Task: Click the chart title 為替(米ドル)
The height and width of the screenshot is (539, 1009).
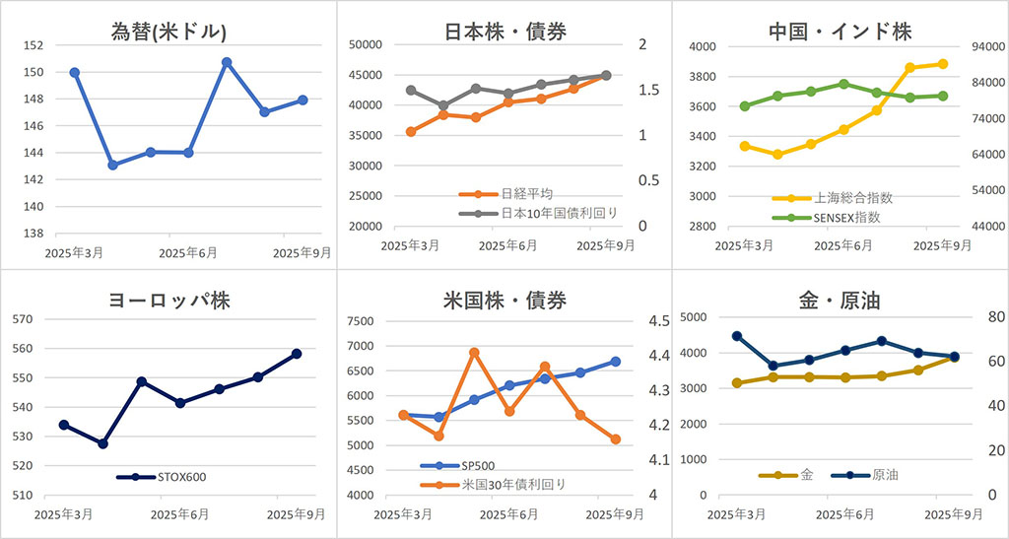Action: tap(169, 31)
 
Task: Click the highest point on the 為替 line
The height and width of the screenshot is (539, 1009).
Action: tap(227, 62)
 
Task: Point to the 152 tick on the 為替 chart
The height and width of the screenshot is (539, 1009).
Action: tap(31, 45)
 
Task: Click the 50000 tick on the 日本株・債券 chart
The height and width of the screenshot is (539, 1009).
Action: tap(364, 44)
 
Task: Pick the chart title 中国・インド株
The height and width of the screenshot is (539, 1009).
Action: tap(840, 31)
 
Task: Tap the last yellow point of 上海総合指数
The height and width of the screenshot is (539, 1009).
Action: tap(943, 64)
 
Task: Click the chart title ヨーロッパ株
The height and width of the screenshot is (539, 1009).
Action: tap(168, 301)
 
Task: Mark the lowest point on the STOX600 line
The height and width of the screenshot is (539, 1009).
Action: tap(102, 443)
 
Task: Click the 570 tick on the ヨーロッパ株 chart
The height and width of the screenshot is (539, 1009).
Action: tap(23, 319)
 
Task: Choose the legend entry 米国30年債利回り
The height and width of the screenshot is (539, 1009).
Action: tap(513, 484)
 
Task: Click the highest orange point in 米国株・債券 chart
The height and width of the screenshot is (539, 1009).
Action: tap(474, 352)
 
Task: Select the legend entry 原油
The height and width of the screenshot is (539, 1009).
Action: tap(884, 475)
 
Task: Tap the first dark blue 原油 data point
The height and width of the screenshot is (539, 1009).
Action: tap(736, 336)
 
